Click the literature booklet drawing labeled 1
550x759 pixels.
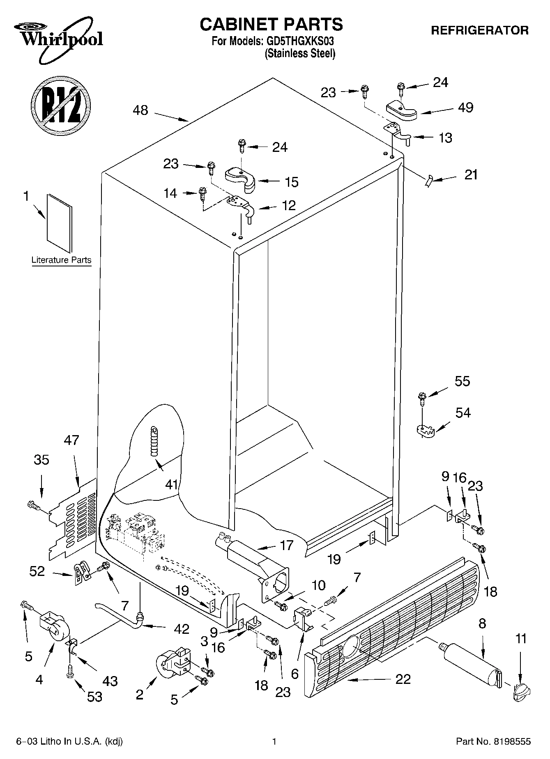pyautogui.click(x=59, y=223)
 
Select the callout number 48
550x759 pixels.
pyautogui.click(x=140, y=110)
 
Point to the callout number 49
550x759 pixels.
pyautogui.click(x=465, y=108)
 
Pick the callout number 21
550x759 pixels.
pyautogui.click(x=471, y=175)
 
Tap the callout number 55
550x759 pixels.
pyautogui.click(x=462, y=381)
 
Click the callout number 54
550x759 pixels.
pyautogui.click(x=463, y=412)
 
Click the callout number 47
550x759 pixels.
pyautogui.click(x=71, y=440)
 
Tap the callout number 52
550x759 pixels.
pyautogui.click(x=37, y=571)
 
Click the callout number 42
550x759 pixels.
pyautogui.click(x=182, y=628)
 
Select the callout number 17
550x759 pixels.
pyautogui.click(x=286, y=545)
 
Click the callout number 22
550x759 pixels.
pyautogui.click(x=403, y=679)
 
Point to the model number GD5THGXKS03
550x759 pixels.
pyautogui.click(x=300, y=41)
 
